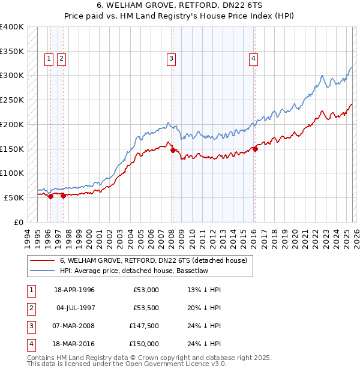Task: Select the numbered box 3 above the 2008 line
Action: click(x=172, y=58)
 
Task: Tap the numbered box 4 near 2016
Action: click(x=254, y=58)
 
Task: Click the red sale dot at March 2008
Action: click(x=173, y=151)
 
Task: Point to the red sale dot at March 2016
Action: click(x=255, y=149)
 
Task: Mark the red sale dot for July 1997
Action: click(x=63, y=196)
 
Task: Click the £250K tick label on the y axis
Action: click(x=12, y=100)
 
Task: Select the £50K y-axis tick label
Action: click(x=14, y=197)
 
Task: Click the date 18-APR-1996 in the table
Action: click(x=74, y=290)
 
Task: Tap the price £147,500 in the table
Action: click(x=144, y=328)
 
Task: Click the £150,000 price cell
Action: click(x=144, y=344)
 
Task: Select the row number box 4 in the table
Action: click(x=31, y=344)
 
